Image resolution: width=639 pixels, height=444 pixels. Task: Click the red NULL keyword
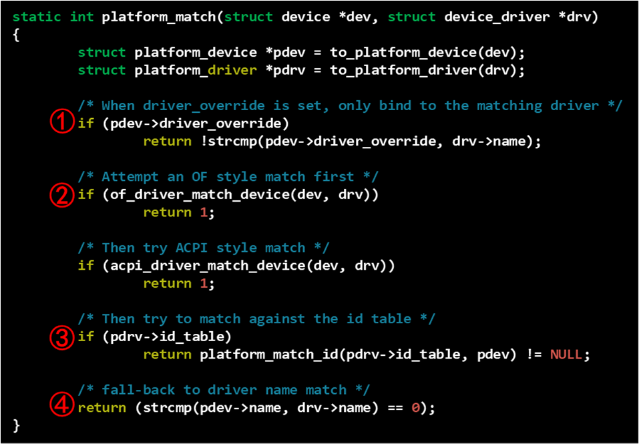[x=566, y=355]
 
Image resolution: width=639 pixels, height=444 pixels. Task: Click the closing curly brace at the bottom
[x=17, y=425]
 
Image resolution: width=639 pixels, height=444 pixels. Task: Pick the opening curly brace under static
[x=17, y=34]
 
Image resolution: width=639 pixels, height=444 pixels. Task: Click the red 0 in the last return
[x=415, y=408]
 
